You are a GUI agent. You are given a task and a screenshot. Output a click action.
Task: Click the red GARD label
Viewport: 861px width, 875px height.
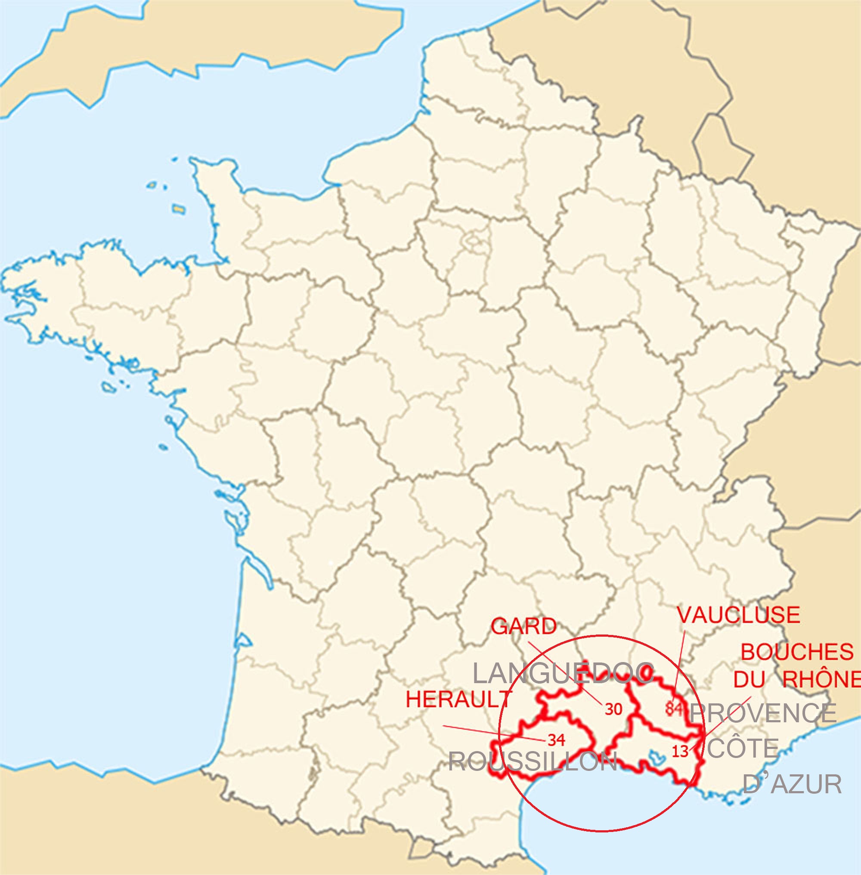point(523,626)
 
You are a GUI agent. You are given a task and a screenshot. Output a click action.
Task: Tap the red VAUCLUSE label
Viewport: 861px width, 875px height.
point(738,615)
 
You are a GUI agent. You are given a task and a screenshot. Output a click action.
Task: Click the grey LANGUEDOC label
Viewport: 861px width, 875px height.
point(563,674)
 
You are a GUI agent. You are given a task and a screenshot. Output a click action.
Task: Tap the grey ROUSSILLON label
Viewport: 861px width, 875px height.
point(533,761)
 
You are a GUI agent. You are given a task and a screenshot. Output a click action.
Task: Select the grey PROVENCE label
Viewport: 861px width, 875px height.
point(762,713)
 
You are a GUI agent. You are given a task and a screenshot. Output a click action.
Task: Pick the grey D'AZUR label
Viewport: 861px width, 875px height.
point(792,784)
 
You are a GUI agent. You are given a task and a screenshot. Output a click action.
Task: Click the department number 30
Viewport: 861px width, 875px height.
point(613,709)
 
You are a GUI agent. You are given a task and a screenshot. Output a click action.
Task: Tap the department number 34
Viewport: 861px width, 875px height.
point(556,740)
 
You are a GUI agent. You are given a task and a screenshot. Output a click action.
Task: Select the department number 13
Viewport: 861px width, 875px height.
point(680,751)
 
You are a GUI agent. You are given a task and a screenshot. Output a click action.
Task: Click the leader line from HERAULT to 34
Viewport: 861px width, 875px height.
point(493,733)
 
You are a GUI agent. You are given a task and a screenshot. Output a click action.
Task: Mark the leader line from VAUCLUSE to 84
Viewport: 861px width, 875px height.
point(680,660)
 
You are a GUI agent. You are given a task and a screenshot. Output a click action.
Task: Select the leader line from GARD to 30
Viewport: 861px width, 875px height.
point(565,672)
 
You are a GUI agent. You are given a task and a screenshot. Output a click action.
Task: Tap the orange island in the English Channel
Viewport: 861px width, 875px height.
point(179,209)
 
